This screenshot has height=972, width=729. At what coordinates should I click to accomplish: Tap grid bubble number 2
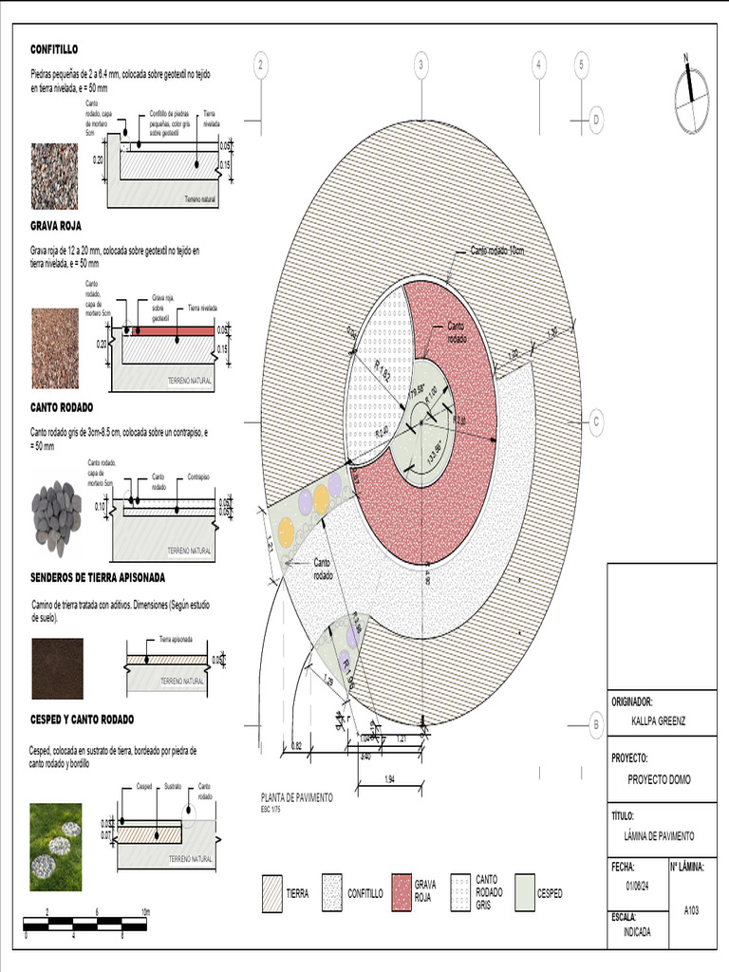click(x=261, y=65)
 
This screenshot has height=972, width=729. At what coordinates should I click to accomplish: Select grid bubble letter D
click(x=597, y=120)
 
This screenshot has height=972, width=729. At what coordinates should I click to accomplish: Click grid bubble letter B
click(x=597, y=724)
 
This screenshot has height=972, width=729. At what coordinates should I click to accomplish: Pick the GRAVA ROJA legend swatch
click(x=401, y=893)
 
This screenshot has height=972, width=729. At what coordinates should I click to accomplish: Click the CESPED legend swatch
click(x=524, y=893)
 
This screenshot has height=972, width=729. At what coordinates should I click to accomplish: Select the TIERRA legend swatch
click(x=272, y=893)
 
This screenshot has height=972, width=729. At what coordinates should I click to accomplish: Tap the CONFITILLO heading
click(x=54, y=48)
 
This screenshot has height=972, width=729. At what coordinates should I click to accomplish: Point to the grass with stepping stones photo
click(x=55, y=847)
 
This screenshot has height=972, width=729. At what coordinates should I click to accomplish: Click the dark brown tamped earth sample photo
click(x=57, y=668)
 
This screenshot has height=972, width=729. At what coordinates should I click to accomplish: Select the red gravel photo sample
click(x=55, y=348)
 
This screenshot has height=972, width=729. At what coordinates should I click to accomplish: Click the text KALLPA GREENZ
click(x=658, y=721)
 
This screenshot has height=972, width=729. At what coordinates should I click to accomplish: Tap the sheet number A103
click(x=691, y=909)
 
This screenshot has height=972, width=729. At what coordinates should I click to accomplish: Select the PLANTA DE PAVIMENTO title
click(x=296, y=798)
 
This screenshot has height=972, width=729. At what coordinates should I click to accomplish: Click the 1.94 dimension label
click(x=389, y=779)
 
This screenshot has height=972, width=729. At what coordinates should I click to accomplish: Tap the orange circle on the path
click(x=322, y=498)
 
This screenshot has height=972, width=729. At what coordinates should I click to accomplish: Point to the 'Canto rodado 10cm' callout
click(x=497, y=251)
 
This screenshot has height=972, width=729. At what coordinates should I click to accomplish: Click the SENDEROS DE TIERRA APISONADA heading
click(x=98, y=576)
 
